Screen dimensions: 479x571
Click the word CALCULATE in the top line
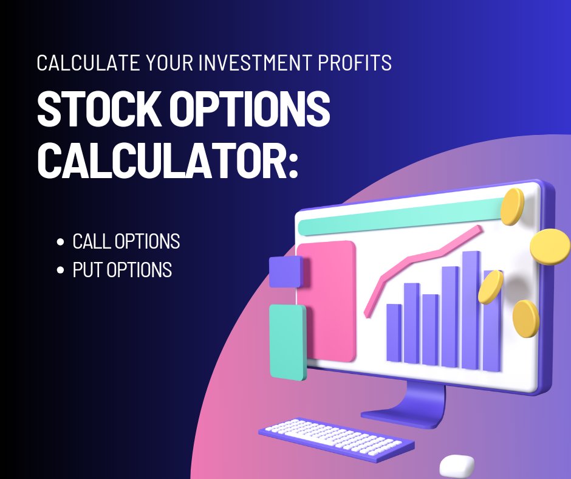click(83, 63)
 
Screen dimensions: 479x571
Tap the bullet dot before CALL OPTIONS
click(60, 242)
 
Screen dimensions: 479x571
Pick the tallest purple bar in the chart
click(470, 310)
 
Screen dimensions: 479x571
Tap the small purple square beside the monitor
click(285, 271)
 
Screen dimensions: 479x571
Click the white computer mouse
click(457, 466)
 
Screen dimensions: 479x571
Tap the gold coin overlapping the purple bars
click(490, 286)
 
